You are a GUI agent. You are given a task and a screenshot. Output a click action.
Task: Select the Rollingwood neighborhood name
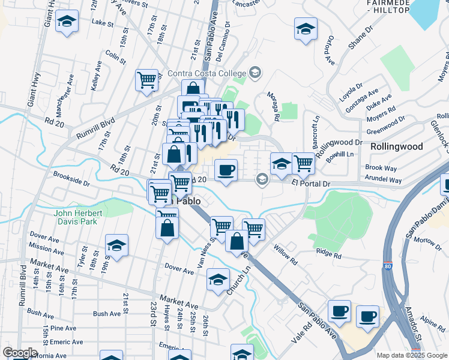[x=396, y=146]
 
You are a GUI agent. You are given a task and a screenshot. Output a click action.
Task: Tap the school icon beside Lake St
[x=67, y=22]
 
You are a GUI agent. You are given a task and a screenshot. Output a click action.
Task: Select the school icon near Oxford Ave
[x=306, y=28]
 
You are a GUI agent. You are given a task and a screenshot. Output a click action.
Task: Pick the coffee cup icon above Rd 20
[x=226, y=170]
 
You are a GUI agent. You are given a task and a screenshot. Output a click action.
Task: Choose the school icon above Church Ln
[x=218, y=279]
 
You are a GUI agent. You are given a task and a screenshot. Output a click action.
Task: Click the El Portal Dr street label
[x=312, y=184]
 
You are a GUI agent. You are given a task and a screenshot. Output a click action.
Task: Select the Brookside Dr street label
[x=71, y=180]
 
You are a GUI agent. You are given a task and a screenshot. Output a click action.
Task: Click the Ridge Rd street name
[x=329, y=254]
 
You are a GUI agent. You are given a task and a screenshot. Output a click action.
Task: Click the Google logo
[x=20, y=353]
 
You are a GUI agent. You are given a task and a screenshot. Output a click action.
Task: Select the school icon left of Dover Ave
[x=116, y=245]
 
